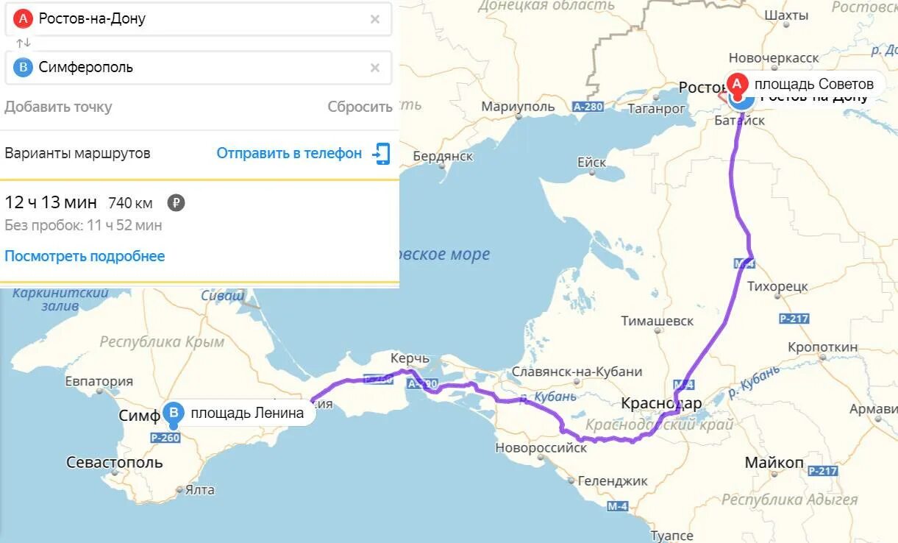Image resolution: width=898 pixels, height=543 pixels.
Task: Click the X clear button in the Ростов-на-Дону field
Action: [375, 19]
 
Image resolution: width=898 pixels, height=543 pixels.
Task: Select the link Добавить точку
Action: [58, 107]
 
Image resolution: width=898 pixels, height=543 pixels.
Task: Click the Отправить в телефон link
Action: [289, 153]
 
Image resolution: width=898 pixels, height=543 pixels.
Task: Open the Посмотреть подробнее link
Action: [85, 256]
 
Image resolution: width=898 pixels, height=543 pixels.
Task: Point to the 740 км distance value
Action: [130, 203]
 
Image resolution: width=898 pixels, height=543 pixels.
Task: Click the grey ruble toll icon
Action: [176, 203]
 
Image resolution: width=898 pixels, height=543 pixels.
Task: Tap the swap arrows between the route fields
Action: [24, 43]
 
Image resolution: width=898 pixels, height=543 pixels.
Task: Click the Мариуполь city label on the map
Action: [518, 107]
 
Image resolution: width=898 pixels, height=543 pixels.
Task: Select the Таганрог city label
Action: [656, 108]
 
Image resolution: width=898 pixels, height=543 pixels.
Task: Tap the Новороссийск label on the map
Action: [541, 447]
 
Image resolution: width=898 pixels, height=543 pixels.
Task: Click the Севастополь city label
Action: [114, 463]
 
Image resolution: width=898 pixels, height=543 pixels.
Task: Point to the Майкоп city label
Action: [774, 463]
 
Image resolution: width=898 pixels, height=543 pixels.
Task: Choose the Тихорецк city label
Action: [777, 285]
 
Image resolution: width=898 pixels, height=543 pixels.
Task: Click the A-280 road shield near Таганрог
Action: [588, 107]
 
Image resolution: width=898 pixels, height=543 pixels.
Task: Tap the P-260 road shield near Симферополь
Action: [165, 438]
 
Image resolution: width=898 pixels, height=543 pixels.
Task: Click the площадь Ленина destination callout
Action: [246, 413]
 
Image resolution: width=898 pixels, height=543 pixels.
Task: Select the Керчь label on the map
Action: [409, 358]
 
